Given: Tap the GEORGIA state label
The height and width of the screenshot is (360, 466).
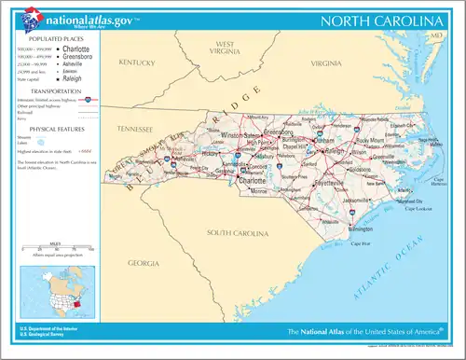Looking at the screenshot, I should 144,263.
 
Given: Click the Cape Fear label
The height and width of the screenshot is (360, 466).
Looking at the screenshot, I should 358,244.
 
